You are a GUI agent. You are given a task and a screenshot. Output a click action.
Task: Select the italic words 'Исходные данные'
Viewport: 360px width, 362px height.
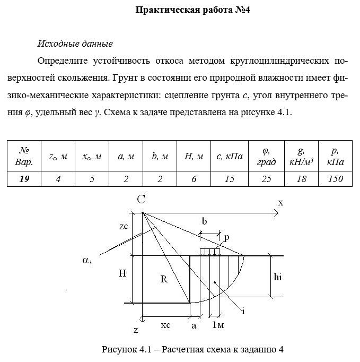coord(75,43)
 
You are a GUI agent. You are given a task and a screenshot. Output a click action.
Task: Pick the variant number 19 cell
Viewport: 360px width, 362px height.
coord(24,178)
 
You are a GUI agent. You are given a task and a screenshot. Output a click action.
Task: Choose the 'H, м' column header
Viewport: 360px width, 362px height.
coord(194,156)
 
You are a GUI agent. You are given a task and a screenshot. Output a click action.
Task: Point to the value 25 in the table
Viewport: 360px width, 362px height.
coord(266,178)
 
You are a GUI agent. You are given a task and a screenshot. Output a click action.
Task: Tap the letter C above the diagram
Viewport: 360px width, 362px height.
coord(141,200)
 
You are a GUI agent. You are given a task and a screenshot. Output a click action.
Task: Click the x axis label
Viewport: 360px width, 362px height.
coord(281,203)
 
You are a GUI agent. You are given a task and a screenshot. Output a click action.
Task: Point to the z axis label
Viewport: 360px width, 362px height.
coord(136,330)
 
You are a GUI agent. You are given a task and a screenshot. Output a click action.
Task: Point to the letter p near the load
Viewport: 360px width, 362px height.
coord(226,238)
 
